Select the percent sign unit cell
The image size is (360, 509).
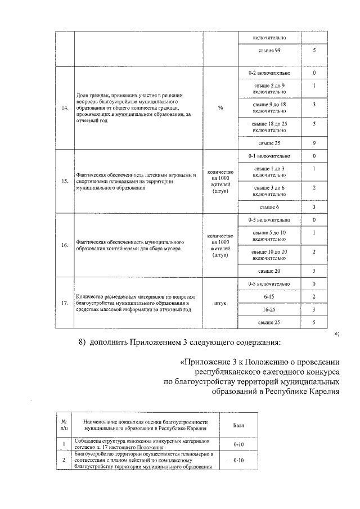[x=220, y=109]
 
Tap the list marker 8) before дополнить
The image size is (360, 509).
[x=82, y=343]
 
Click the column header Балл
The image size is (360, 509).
[x=238, y=425]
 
